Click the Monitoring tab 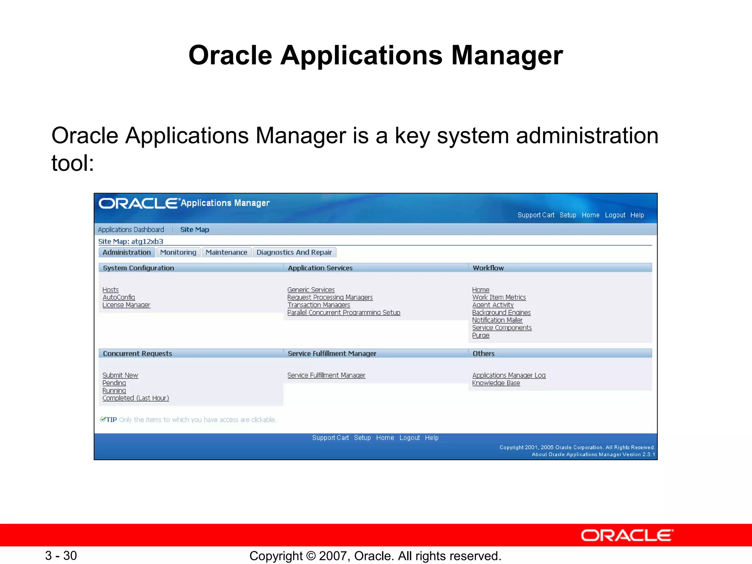[x=178, y=252]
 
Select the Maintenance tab [x=226, y=252]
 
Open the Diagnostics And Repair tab [x=294, y=252]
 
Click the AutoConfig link [x=119, y=297]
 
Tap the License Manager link [x=126, y=305]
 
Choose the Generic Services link [x=311, y=290]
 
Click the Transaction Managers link [x=319, y=305]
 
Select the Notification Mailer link [x=497, y=320]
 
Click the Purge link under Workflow [x=481, y=336]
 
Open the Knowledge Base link [x=496, y=383]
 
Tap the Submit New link [x=120, y=375]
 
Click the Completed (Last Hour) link [x=135, y=398]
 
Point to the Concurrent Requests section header [x=137, y=354]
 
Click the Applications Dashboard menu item [x=131, y=229]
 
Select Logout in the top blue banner [x=615, y=215]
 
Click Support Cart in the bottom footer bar [x=330, y=438]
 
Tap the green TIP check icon [x=103, y=419]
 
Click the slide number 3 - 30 [x=61, y=556]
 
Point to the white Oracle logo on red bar [x=627, y=535]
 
